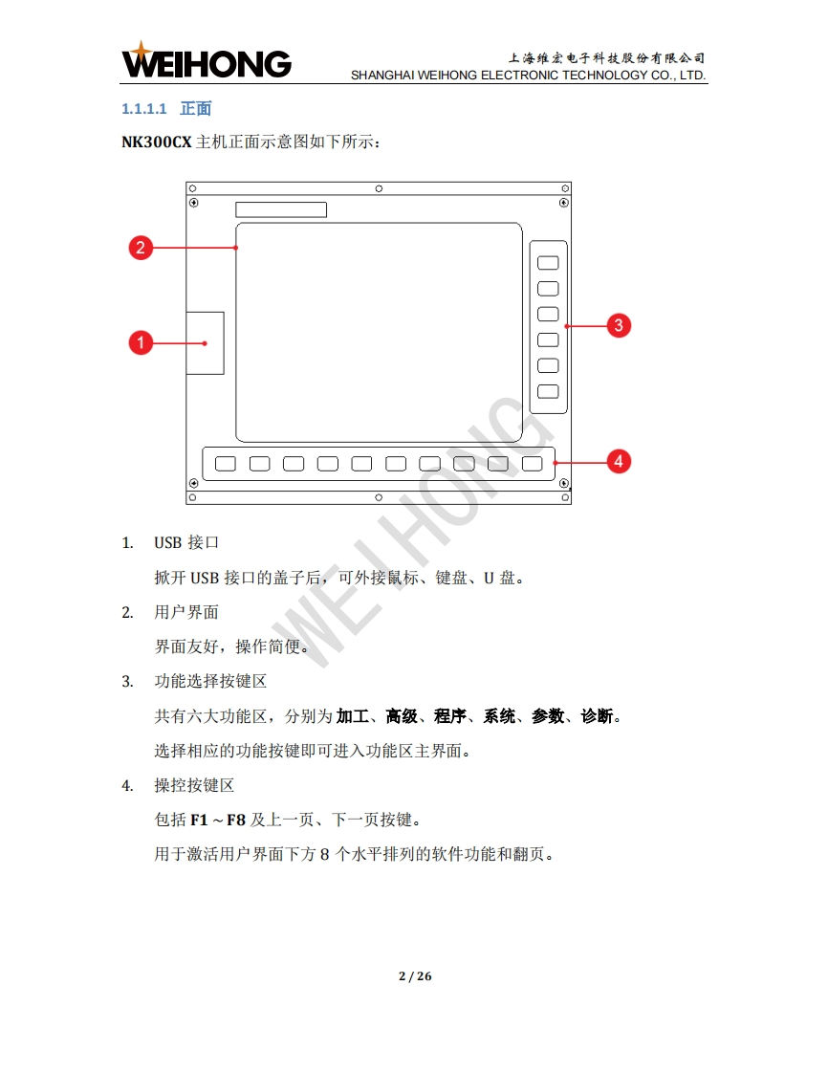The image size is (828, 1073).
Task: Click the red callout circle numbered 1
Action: tap(141, 342)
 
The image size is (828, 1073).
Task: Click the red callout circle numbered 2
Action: tap(141, 247)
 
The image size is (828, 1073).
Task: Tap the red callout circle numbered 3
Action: tap(619, 325)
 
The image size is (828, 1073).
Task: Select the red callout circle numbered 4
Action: tap(619, 461)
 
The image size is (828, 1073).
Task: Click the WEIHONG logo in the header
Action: tap(206, 60)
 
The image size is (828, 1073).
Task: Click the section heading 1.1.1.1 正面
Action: tap(166, 109)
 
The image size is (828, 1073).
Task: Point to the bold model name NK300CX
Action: tap(157, 142)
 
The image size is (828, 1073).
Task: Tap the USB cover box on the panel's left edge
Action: tap(206, 342)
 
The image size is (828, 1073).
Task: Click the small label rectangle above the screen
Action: tap(281, 209)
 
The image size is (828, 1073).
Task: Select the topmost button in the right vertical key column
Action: tap(548, 263)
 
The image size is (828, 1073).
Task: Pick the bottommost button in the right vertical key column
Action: tap(548, 391)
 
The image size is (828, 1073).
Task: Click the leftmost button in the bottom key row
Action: tap(225, 463)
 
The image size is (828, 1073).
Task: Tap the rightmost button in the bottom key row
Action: tap(533, 463)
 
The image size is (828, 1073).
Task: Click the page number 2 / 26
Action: tap(415, 975)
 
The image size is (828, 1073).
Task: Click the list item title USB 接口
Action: tap(186, 542)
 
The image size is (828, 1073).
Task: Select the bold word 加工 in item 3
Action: tap(353, 715)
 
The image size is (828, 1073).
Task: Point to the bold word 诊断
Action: tap(597, 715)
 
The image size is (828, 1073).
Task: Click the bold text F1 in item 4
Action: tap(199, 820)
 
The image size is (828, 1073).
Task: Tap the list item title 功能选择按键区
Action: tap(210, 681)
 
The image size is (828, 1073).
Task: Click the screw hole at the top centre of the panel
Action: tap(379, 188)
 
